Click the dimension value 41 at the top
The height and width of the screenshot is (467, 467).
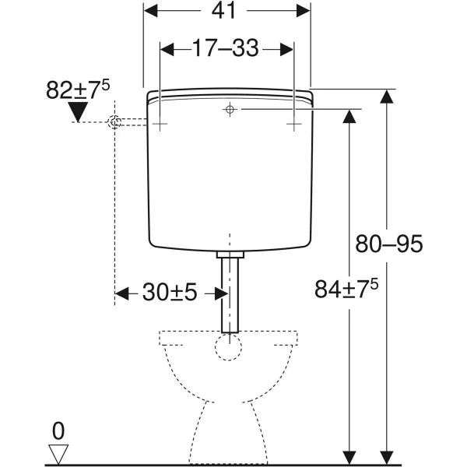pyautogui.click(x=223, y=11)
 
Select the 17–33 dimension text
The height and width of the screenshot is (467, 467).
pyautogui.click(x=226, y=48)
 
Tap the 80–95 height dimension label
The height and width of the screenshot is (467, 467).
pyautogui.click(x=388, y=244)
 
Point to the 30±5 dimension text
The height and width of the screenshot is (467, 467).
pyautogui.click(x=170, y=292)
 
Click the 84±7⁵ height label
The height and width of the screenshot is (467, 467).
pyautogui.click(x=346, y=289)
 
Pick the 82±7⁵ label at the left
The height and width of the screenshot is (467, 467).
pyautogui.click(x=78, y=90)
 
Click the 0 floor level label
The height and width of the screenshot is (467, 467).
pyautogui.click(x=58, y=431)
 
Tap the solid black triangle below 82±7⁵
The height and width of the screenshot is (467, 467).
pyautogui.click(x=78, y=111)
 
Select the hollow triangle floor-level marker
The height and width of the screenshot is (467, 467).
pyautogui.click(x=58, y=454)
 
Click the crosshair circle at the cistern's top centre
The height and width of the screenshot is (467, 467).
pyautogui.click(x=230, y=109)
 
